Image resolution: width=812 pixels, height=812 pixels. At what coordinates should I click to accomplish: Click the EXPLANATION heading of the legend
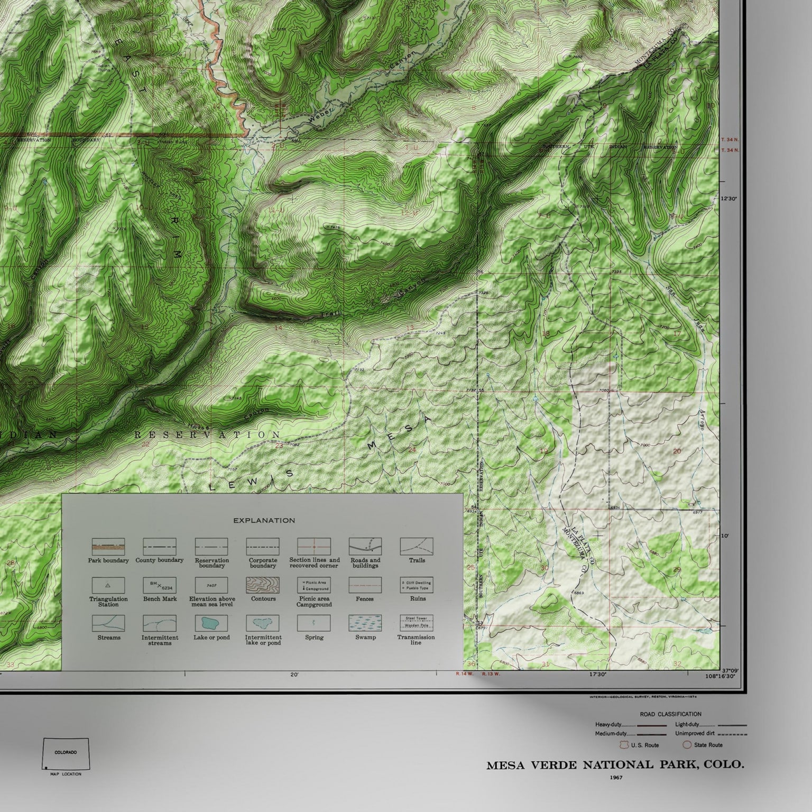(264, 520)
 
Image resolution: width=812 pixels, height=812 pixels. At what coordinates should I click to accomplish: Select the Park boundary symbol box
(108, 547)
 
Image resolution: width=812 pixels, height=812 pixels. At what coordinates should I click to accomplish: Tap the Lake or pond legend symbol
(211, 623)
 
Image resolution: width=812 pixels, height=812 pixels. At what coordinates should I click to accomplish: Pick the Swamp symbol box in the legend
(365, 623)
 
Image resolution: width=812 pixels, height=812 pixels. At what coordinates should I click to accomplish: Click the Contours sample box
(263, 585)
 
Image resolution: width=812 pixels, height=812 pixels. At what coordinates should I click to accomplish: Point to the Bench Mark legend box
(160, 585)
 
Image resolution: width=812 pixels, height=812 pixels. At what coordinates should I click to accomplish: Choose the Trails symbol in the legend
(417, 546)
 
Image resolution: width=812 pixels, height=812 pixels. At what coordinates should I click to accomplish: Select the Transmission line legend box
(417, 623)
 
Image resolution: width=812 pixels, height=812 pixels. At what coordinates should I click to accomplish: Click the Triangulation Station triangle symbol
(108, 585)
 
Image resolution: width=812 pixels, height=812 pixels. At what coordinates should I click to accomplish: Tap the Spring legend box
(314, 623)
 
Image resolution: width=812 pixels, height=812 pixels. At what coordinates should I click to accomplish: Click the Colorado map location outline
(66, 754)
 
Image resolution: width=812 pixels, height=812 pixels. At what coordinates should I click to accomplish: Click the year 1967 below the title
(615, 778)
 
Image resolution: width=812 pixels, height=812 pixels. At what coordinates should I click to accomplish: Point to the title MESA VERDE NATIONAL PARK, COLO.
(615, 765)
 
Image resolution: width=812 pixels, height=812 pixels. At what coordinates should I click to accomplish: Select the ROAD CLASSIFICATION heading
(670, 714)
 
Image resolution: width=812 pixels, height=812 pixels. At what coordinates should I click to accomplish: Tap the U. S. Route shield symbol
(624, 745)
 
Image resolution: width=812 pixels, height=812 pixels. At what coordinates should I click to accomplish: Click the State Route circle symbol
(687, 745)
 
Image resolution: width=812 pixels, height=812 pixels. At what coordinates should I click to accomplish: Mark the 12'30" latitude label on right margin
(728, 199)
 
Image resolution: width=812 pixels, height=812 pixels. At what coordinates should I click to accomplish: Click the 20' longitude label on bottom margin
(294, 675)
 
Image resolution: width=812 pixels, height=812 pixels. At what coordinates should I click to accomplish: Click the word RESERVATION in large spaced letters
(207, 435)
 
